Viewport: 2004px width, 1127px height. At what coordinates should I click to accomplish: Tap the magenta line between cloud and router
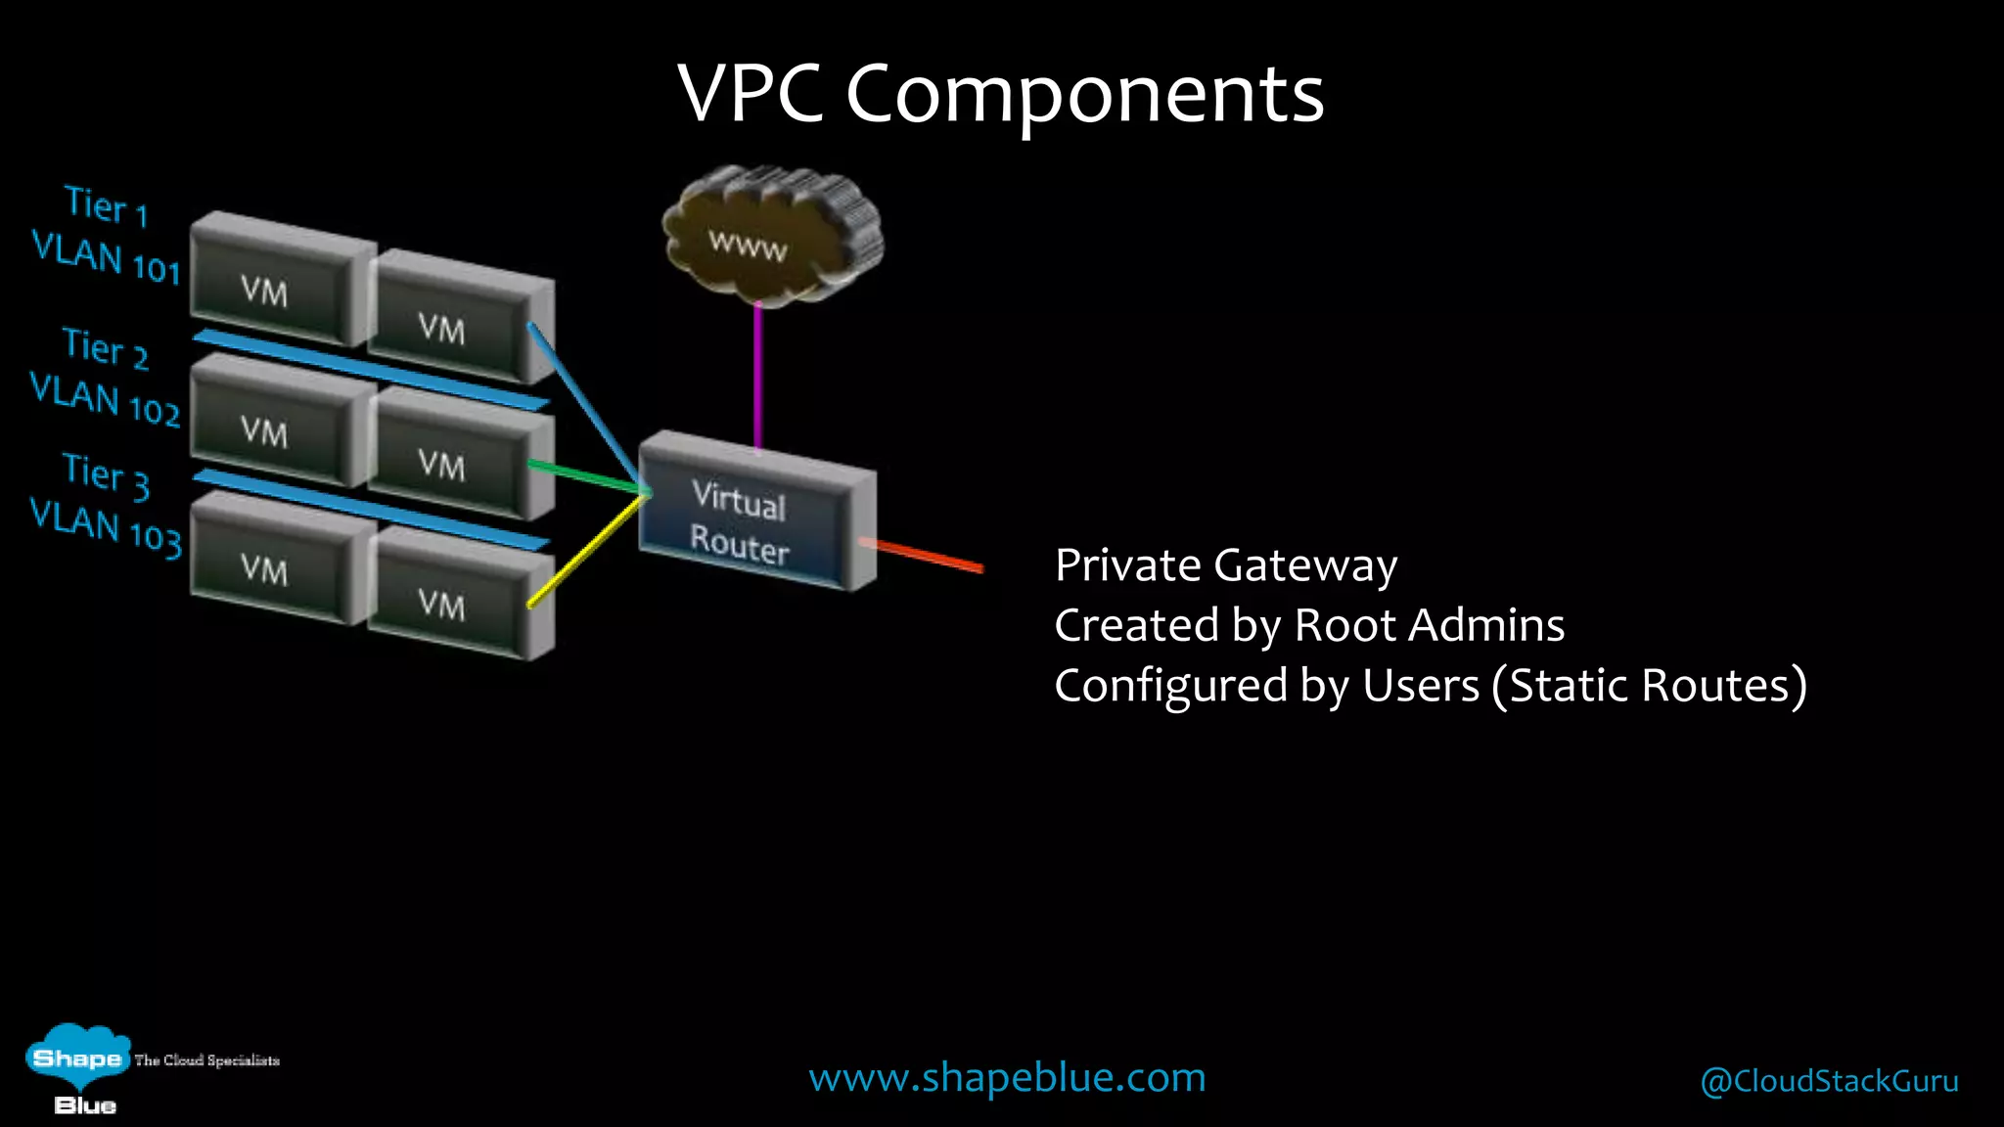point(757,377)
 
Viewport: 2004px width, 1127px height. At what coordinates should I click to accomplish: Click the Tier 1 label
point(106,205)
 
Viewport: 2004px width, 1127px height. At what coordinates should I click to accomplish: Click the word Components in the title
point(1084,94)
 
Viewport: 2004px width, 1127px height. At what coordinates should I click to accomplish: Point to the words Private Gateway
point(1225,565)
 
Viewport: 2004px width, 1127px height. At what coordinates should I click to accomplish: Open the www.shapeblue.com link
point(1007,1077)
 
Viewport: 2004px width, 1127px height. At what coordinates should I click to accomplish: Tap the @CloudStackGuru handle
point(1829,1081)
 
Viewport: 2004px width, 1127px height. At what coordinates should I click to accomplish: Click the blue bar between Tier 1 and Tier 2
point(372,370)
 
